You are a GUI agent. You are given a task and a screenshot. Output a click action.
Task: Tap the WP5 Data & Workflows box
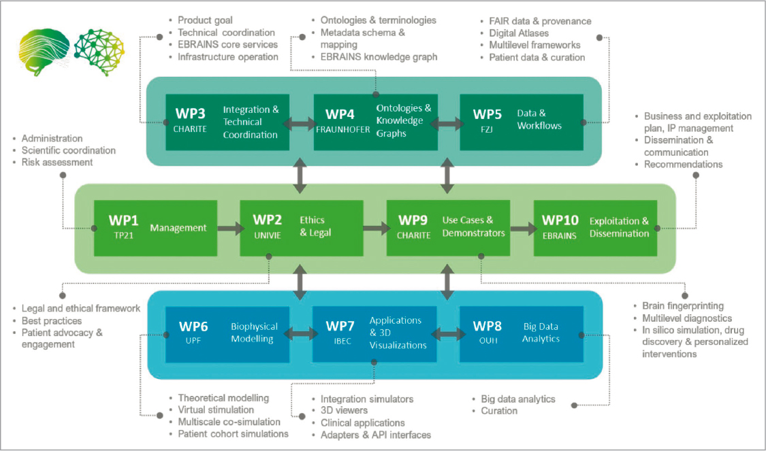[521, 122]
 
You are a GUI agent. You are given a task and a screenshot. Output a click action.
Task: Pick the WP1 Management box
[155, 228]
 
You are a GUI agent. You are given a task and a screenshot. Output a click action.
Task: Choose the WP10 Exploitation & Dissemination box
[595, 228]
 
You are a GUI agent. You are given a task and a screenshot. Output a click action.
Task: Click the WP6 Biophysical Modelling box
[227, 333]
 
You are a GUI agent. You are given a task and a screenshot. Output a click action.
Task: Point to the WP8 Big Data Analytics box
[522, 333]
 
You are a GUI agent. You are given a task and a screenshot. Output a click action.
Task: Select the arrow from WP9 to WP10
[522, 229]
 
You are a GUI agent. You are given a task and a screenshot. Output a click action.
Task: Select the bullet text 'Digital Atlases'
[519, 33]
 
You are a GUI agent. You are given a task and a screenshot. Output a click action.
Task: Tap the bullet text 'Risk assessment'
[57, 162]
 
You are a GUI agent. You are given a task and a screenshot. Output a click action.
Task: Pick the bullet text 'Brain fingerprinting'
[683, 305]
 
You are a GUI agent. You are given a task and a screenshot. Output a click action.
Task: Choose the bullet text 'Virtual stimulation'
[216, 410]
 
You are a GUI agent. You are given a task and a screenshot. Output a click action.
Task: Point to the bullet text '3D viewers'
[344, 410]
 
